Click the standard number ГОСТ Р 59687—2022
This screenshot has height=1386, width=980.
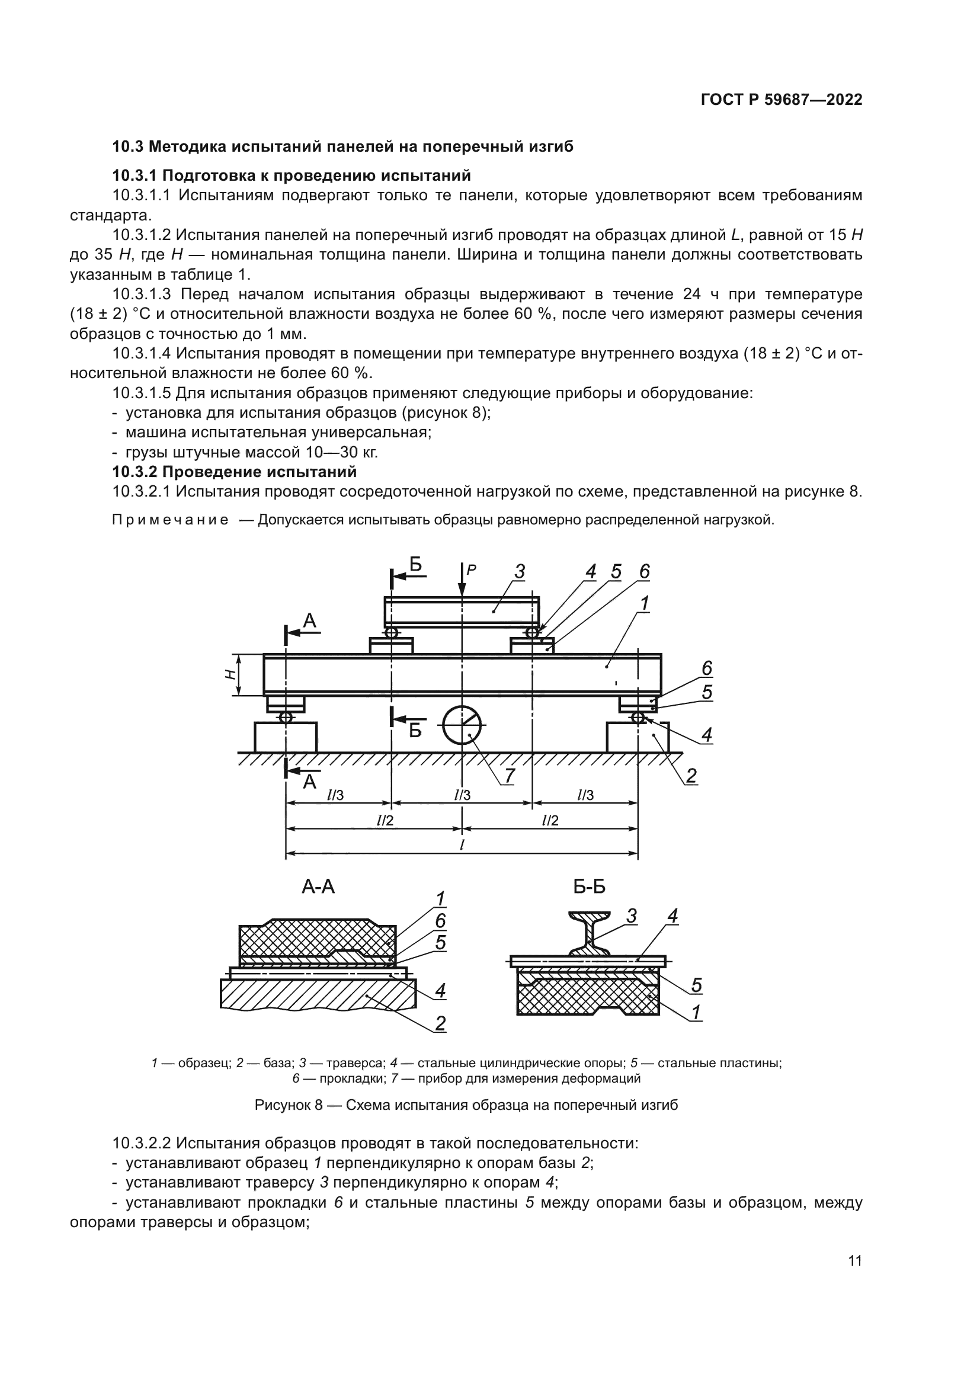782,100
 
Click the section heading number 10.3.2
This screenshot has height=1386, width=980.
135,472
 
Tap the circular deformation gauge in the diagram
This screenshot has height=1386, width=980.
462,726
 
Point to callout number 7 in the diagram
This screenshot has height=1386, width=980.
510,776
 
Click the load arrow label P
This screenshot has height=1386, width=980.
472,569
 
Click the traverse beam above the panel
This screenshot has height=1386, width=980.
462,610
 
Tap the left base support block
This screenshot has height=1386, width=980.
286,737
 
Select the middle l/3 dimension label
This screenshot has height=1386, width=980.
462,796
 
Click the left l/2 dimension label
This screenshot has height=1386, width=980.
385,820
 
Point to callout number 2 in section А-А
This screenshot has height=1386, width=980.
440,1023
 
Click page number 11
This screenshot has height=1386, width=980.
854,1261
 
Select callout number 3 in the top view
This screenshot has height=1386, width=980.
520,571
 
